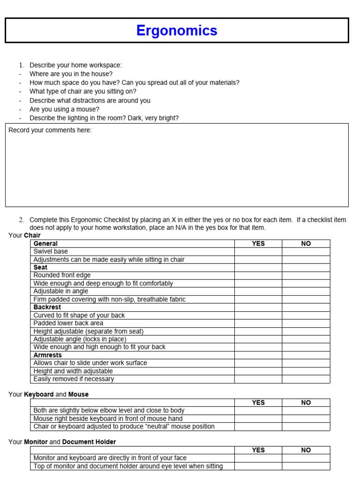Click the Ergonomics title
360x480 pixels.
(177, 30)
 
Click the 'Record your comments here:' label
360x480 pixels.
(50, 130)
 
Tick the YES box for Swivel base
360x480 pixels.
(258, 252)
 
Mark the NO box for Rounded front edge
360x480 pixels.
(306, 275)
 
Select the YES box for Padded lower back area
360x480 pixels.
(258, 323)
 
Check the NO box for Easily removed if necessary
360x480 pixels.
(306, 379)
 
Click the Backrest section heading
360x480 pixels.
(47, 307)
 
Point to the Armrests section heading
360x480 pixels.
(48, 355)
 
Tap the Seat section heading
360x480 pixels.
(40, 268)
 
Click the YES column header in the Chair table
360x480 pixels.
(258, 244)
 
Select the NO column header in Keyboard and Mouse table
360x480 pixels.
(306, 403)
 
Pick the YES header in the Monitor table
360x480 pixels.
(258, 450)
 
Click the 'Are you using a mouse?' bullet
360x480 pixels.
(64, 109)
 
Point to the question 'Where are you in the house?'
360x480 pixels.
(71, 74)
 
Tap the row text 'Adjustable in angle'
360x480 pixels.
(61, 291)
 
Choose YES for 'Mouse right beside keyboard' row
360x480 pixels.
(258, 419)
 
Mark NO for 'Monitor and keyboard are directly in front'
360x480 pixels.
(306, 458)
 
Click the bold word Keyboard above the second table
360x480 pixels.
(38, 395)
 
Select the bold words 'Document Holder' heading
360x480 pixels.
(89, 442)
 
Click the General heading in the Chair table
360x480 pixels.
(45, 244)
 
